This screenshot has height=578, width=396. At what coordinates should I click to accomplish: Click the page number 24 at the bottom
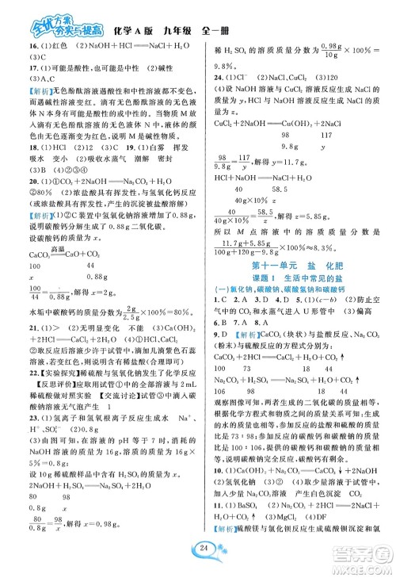coord(198,553)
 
